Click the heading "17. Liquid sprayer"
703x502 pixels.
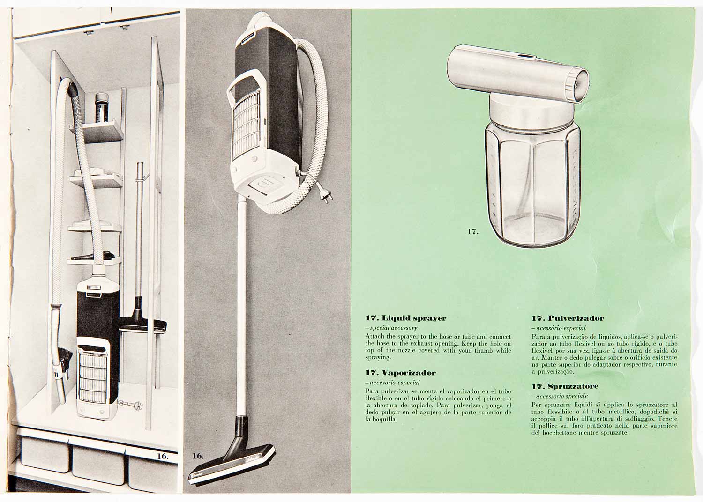tap(405, 318)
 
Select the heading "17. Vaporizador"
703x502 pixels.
tap(400, 373)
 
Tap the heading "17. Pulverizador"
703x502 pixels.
tap(568, 318)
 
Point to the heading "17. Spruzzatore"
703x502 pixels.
tap(565, 386)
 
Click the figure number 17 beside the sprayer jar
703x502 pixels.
tap(472, 232)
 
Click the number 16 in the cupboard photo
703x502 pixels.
tap(163, 456)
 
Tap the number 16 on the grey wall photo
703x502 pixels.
tap(198, 456)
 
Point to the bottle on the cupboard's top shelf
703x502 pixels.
tap(102, 108)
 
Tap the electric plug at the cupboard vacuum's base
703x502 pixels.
tap(130, 403)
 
